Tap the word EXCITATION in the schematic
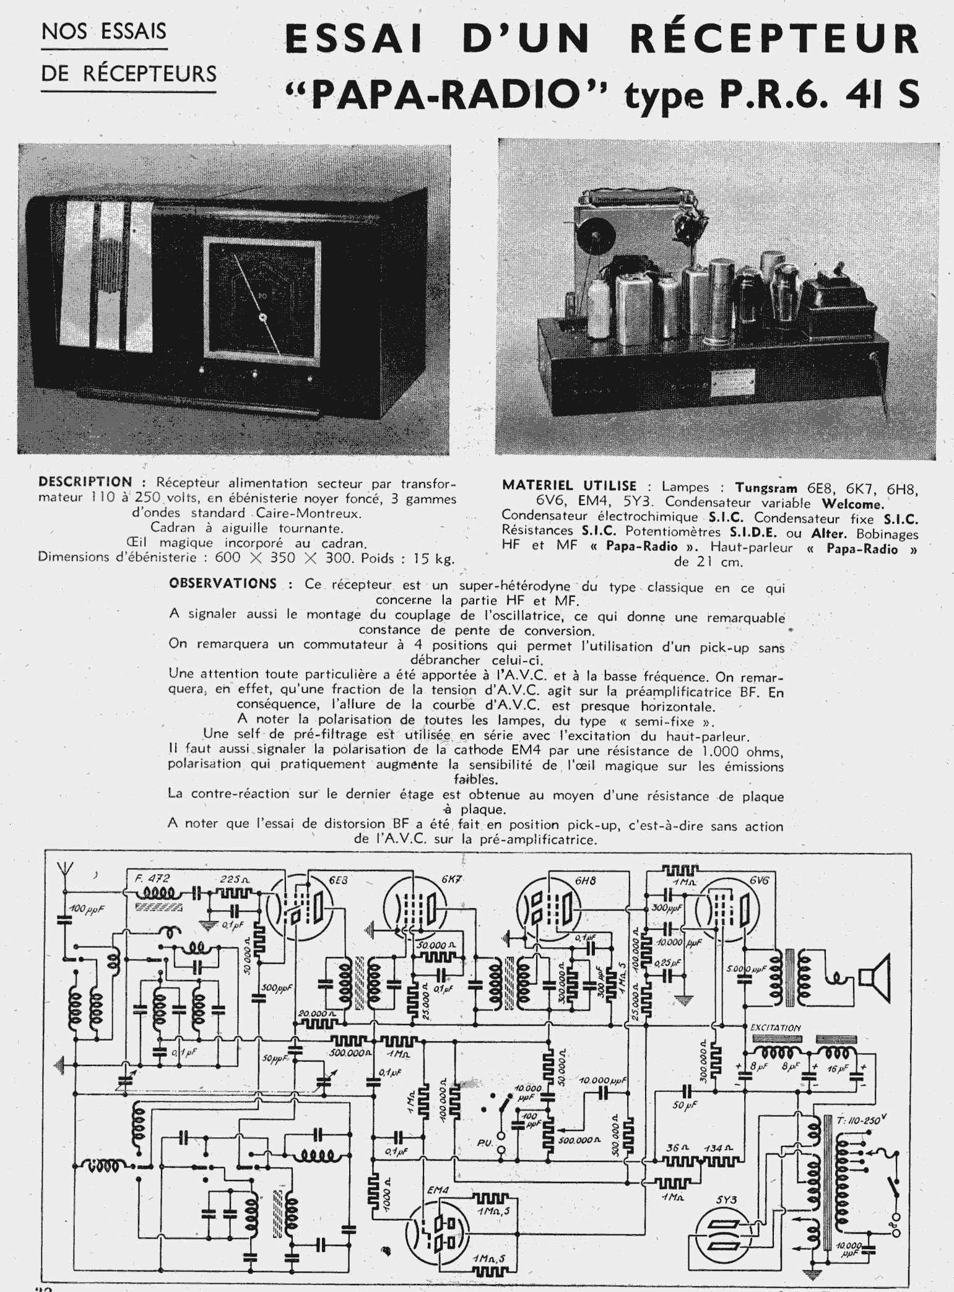pos(775,1027)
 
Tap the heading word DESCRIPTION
pos(85,482)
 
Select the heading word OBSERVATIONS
pos(223,583)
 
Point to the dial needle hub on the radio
pos(262,318)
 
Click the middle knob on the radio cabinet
pos(254,374)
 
